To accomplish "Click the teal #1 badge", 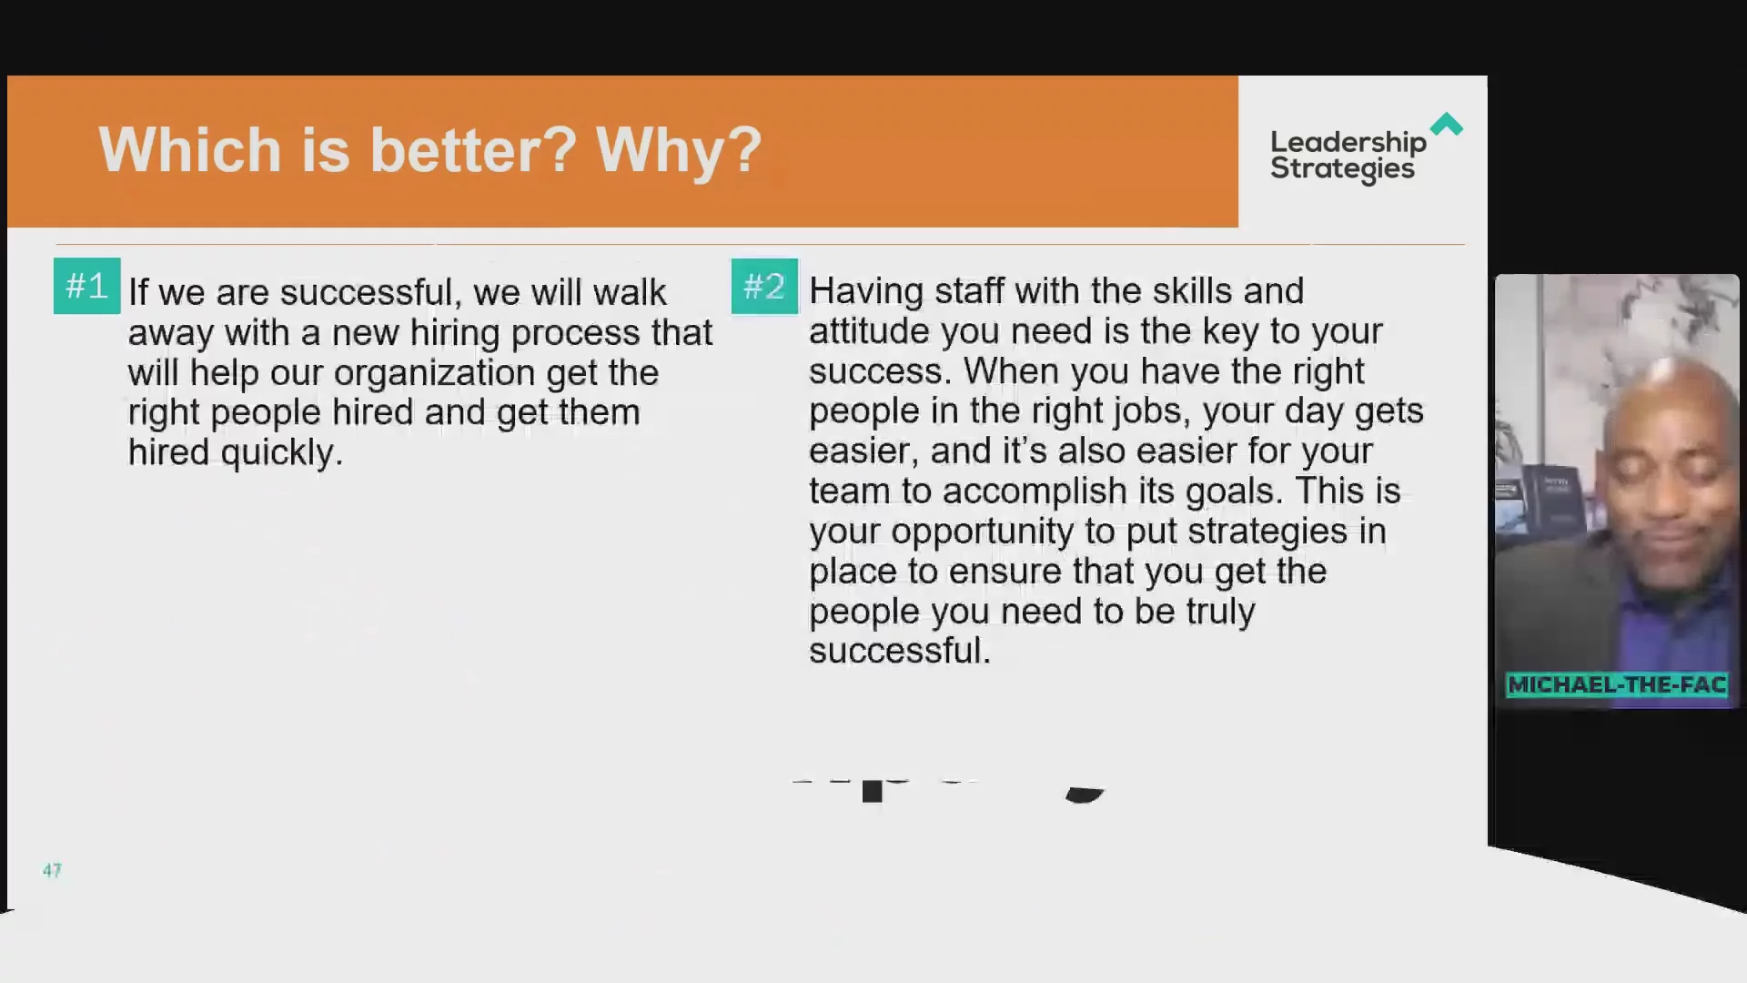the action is coord(86,286).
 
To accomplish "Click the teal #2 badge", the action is coord(764,286).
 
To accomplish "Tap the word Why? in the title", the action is coord(679,149).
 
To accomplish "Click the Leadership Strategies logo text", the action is coord(1348,157).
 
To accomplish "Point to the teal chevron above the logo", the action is coord(1447,124).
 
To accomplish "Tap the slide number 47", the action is coord(52,870).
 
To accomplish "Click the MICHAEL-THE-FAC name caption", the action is coord(1617,684).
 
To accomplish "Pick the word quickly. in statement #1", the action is coord(282,453).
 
